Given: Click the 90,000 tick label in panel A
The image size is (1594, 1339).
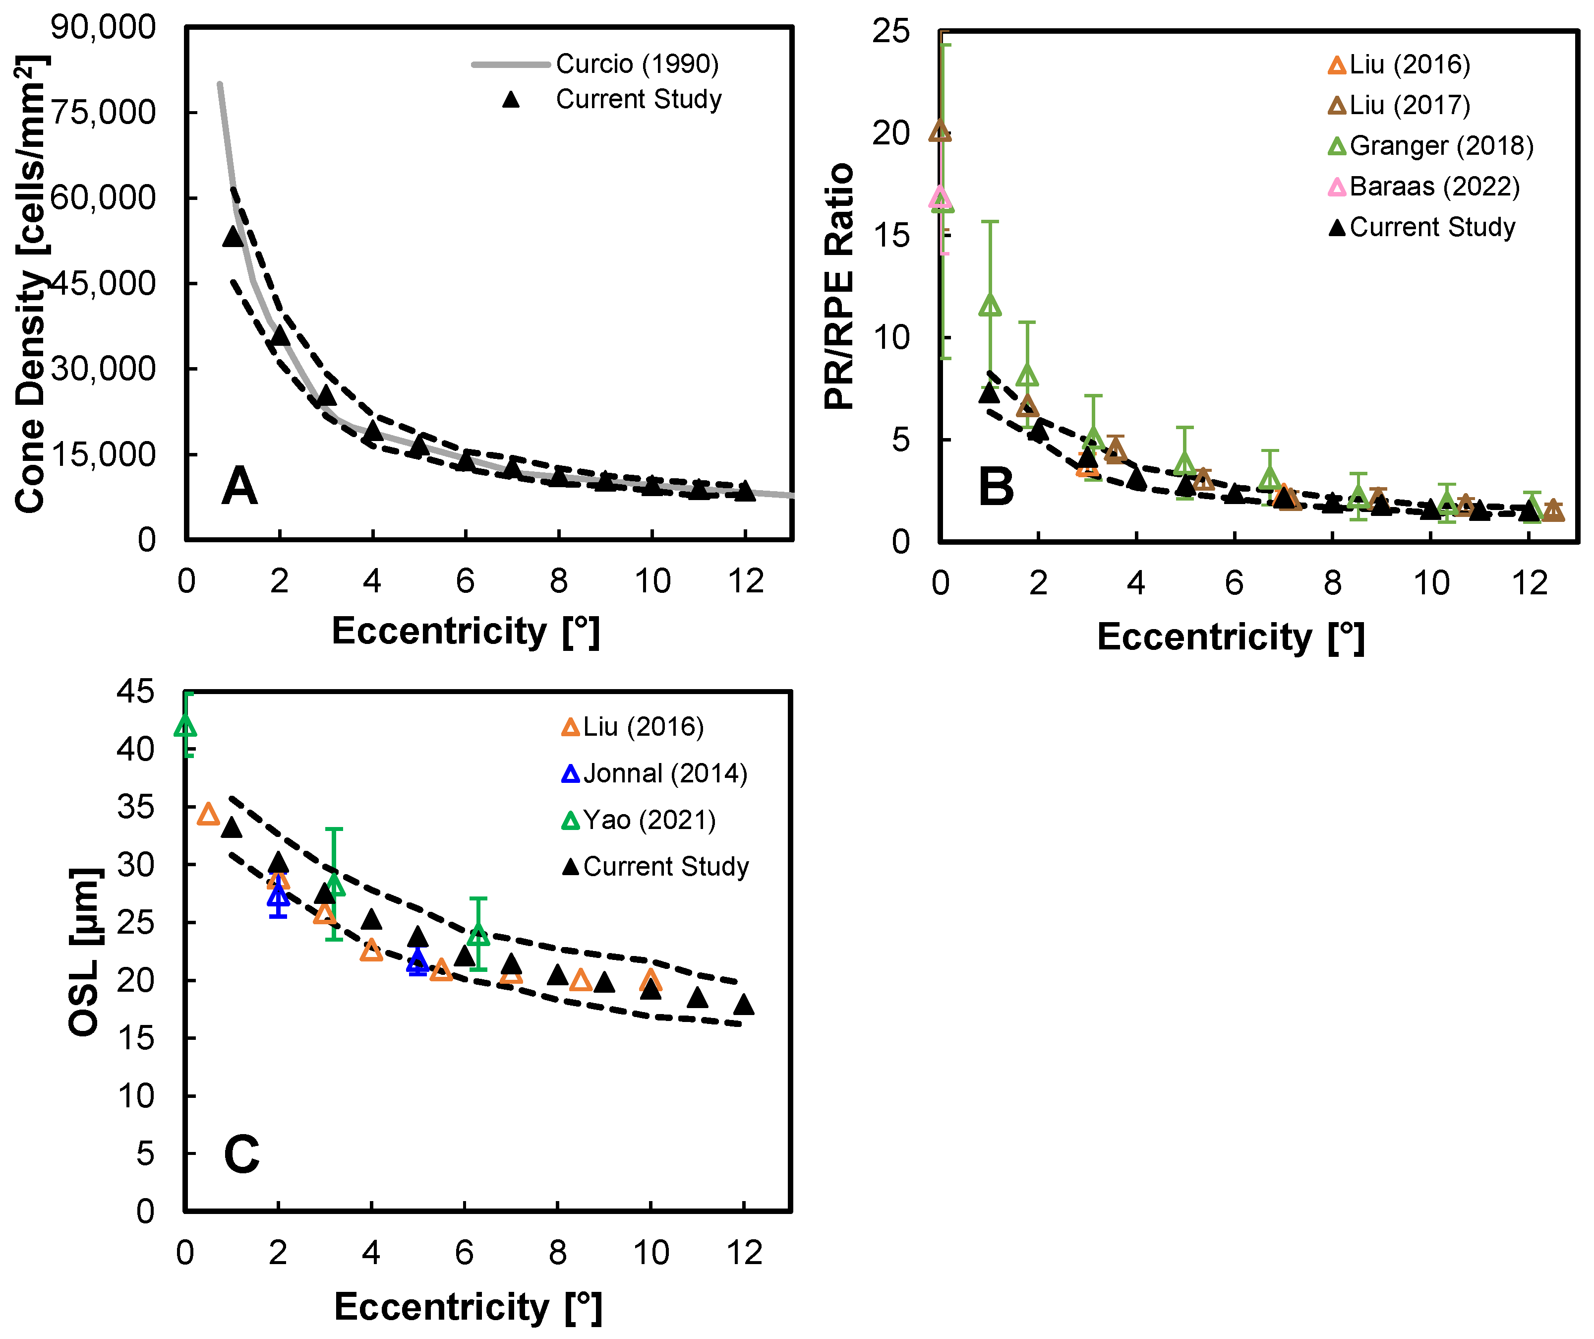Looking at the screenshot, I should click(x=103, y=27).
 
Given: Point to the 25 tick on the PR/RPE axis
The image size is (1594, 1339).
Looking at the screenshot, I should click(x=890, y=32).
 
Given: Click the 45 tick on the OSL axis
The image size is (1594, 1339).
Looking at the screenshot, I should click(x=135, y=692).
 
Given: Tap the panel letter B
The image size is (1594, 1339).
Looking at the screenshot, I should click(x=996, y=487).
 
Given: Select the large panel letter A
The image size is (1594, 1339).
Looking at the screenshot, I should click(x=239, y=486).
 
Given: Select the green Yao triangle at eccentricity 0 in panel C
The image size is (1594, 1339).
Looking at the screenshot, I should click(x=186, y=727).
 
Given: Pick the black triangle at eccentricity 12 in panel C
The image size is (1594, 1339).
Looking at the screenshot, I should click(x=744, y=1005).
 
